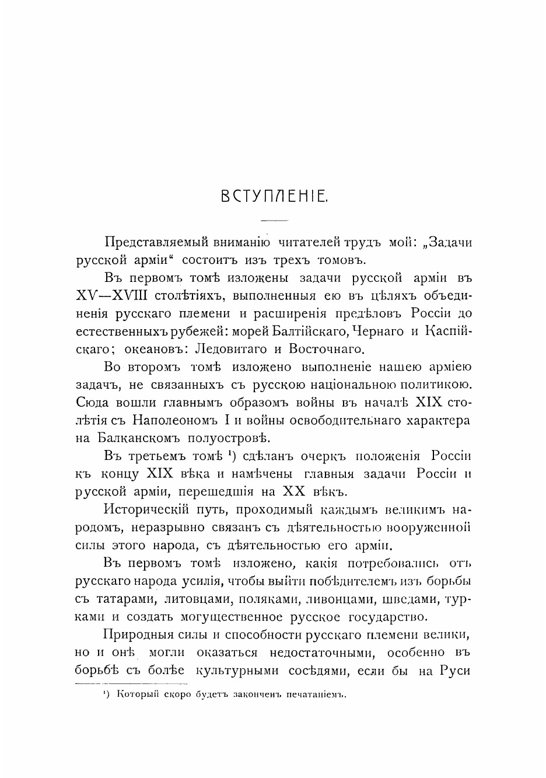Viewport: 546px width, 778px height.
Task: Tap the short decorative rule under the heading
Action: tap(274, 220)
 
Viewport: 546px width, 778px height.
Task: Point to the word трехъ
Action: tap(285, 260)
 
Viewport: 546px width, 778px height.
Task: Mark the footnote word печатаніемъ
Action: tap(311, 695)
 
